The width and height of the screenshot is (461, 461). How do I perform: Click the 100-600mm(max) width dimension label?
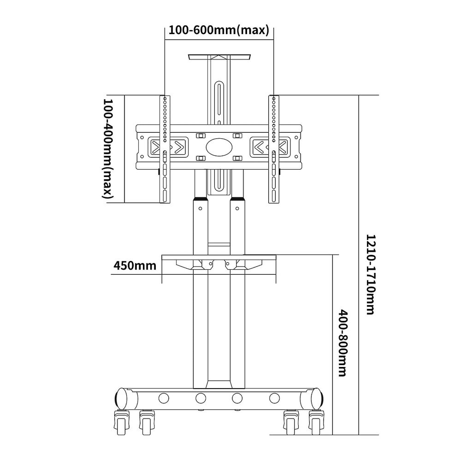[x=219, y=30]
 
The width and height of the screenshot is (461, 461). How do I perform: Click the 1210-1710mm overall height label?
[x=370, y=274]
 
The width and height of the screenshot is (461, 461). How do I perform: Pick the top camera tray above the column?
[x=219, y=57]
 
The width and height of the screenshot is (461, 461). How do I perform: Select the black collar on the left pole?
[x=200, y=201]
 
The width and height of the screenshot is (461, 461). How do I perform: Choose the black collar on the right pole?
[x=238, y=201]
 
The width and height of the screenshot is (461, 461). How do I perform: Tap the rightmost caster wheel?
[x=318, y=421]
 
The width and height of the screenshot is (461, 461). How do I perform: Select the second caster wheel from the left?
[x=147, y=421]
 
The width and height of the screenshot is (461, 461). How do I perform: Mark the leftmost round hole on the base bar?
[x=163, y=397]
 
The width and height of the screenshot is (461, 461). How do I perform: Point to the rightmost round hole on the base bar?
[x=275, y=397]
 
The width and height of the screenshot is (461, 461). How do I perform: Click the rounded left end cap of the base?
[x=120, y=397]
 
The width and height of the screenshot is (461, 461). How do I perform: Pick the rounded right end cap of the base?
[x=317, y=397]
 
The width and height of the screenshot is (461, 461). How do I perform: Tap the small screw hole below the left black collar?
[x=200, y=209]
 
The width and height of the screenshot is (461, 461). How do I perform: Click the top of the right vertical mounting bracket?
[x=274, y=98]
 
